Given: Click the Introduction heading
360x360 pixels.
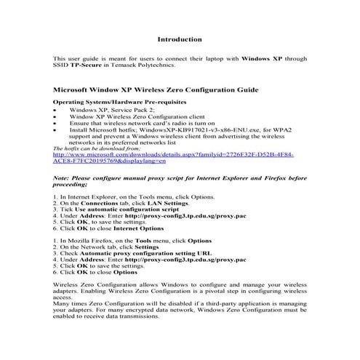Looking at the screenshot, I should point(180,39).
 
